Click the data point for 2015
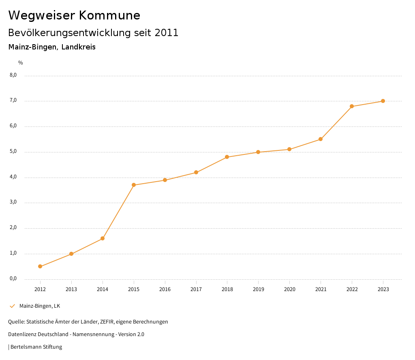pyautogui.click(x=134, y=185)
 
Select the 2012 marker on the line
pyautogui.click(x=40, y=266)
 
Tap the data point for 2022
pyautogui.click(x=352, y=106)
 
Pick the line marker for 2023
pyautogui.click(x=383, y=101)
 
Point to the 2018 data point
pyautogui.click(x=227, y=157)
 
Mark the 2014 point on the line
pyautogui.click(x=103, y=238)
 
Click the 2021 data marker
pyautogui.click(x=321, y=139)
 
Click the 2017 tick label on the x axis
pyautogui.click(x=196, y=289)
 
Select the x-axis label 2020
pyautogui.click(x=289, y=289)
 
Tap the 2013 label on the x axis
pyautogui.click(x=71, y=289)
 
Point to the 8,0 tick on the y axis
pyautogui.click(x=13, y=75)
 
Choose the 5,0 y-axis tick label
pyautogui.click(x=13, y=152)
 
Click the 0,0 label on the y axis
pyautogui.click(x=13, y=279)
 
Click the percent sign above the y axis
pyautogui.click(x=21, y=63)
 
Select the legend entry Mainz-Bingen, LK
pyautogui.click(x=40, y=306)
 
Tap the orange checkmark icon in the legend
pyautogui.click(x=12, y=306)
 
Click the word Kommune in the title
pyautogui.click(x=109, y=15)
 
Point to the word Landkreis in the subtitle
pyautogui.click(x=79, y=47)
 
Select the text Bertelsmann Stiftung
pyautogui.click(x=36, y=347)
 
